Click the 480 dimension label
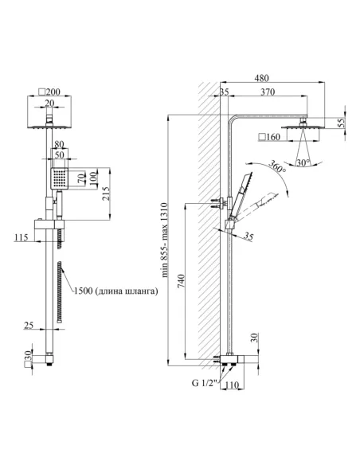point(261,78)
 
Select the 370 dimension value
point(268,92)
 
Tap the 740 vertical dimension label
point(181,281)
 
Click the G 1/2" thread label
point(205,383)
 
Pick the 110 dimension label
point(232,385)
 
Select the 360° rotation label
point(277,167)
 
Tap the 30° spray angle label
point(303,162)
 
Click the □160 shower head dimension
point(269,137)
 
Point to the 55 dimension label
point(342,123)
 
